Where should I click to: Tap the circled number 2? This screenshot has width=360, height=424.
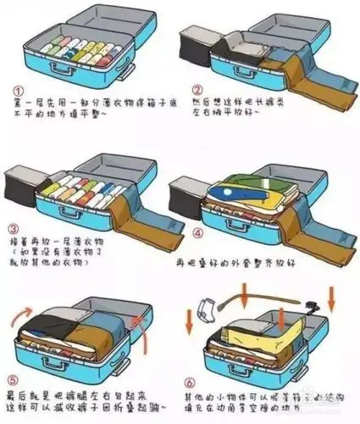click(197, 90)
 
